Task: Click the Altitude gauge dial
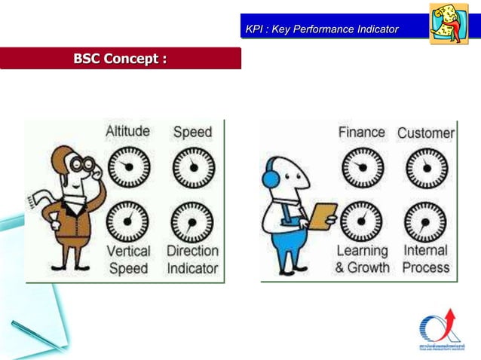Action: tap(127, 166)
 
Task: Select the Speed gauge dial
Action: tap(193, 167)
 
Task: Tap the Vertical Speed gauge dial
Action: tap(127, 220)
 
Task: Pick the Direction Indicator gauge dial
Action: tap(193, 221)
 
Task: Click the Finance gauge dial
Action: tap(361, 166)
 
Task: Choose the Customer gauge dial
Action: tap(426, 167)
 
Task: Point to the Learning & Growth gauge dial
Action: tap(361, 221)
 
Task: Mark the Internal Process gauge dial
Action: tap(426, 221)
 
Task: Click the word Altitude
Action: tap(127, 132)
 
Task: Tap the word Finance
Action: tap(361, 133)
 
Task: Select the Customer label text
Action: tap(426, 133)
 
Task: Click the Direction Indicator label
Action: tap(192, 259)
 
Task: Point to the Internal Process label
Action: tap(426, 258)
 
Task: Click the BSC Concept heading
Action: tap(120, 58)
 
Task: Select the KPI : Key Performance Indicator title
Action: tap(322, 29)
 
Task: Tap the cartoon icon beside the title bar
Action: tap(449, 23)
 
